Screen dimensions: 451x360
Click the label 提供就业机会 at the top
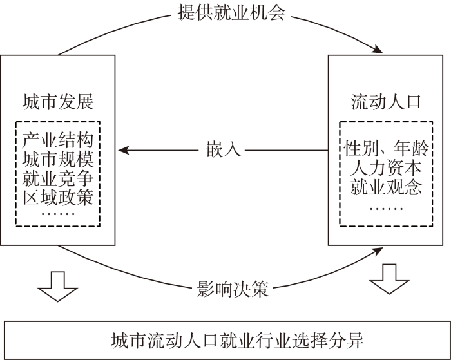point(231,13)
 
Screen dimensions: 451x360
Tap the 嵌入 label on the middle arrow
point(223,149)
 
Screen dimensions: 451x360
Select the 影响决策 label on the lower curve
point(233,289)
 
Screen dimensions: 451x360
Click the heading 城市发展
point(58,102)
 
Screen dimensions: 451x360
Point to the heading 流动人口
point(386,102)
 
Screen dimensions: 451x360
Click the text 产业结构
point(58,140)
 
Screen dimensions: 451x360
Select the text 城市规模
point(58,159)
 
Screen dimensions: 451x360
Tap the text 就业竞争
point(58,178)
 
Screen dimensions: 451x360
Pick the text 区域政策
point(58,197)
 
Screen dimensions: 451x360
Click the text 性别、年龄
point(386,148)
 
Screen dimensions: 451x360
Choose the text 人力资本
point(386,168)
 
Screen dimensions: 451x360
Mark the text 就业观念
point(386,187)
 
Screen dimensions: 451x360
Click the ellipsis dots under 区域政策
point(58,214)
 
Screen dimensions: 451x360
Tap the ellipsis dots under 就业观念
point(386,208)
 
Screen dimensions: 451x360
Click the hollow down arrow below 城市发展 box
point(58,287)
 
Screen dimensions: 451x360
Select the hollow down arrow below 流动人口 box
point(389,279)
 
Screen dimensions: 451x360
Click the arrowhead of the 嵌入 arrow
point(123,150)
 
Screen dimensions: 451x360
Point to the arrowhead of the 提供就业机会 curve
point(378,50)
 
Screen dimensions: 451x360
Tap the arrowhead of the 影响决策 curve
point(378,251)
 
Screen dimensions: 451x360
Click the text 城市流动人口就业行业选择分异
point(237,341)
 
